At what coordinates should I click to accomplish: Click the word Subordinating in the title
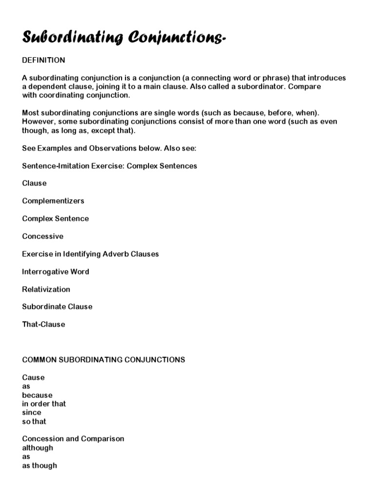pos(72,38)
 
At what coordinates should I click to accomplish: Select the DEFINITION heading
pos(43,60)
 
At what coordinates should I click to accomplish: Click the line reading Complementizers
pos(53,201)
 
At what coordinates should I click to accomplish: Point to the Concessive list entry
pos(43,236)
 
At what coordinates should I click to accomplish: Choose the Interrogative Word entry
pos(56,272)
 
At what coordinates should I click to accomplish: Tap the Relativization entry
pos(46,289)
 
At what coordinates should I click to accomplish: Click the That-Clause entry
pos(43,324)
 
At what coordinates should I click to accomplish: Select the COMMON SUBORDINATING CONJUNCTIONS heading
pos(104,360)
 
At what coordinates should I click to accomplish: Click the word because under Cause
pos(37,395)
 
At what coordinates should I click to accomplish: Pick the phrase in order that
pos(44,404)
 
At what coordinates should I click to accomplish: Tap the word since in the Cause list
pos(32,412)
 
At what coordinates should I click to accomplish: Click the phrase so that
pos(34,421)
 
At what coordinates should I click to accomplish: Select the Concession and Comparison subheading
pos(73,439)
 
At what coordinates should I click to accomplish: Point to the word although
pos(38,448)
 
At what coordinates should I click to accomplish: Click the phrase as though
pos(40,465)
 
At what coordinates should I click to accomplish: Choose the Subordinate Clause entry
pos(57,307)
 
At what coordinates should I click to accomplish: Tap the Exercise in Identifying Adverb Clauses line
pos(90,254)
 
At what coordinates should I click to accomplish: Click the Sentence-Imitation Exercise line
pos(109,166)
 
